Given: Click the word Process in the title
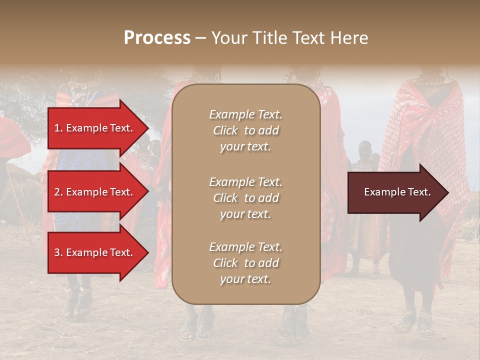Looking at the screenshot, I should (x=157, y=38).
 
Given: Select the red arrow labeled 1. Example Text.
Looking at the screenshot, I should (x=95, y=128).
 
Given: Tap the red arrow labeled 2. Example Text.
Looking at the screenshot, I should (x=95, y=192).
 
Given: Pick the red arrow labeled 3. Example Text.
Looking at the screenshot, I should (x=95, y=252).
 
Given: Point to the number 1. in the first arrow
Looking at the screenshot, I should (x=58, y=128).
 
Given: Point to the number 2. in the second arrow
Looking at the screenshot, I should (x=58, y=192).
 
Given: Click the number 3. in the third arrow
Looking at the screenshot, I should (x=58, y=252).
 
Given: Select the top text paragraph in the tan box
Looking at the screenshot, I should (x=245, y=130).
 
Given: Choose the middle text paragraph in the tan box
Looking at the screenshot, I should (x=245, y=198).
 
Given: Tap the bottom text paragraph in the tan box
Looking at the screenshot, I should (x=245, y=263).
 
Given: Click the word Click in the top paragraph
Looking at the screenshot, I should (x=225, y=130).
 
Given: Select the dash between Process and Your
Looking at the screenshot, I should (x=200, y=38).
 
